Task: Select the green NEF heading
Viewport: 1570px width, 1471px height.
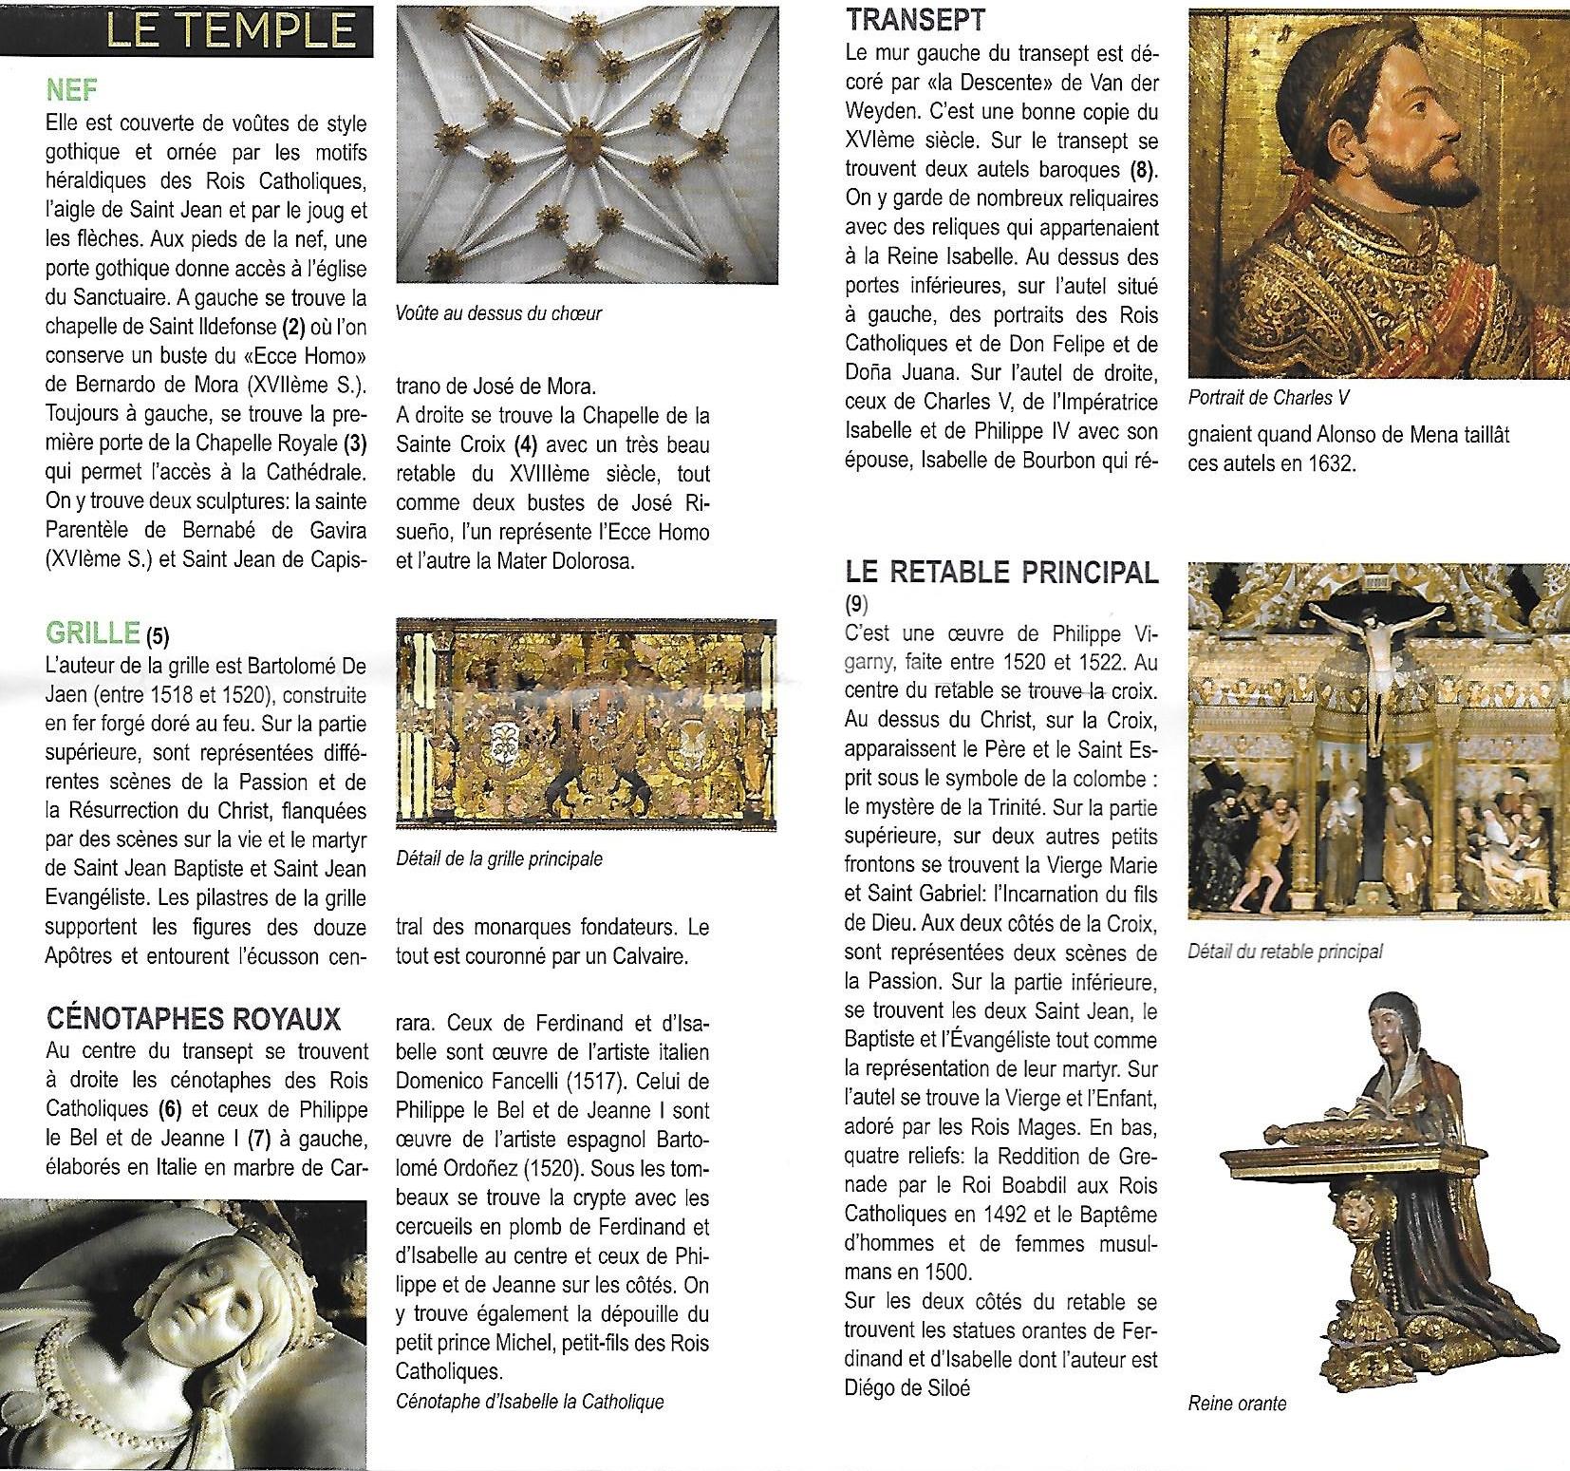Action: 72,90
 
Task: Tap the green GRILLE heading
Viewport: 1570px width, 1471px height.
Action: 92,632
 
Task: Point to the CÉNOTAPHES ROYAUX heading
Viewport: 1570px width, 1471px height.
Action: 193,1020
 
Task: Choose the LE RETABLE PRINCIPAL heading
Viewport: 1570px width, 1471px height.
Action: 1001,573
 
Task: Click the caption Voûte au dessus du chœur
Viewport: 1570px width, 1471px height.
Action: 498,312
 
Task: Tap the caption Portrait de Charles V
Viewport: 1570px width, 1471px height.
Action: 1268,398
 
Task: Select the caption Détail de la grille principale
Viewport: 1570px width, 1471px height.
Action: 499,859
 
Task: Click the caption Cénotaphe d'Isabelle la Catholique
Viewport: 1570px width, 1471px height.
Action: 530,1401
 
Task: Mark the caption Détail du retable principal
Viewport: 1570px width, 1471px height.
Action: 1285,951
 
